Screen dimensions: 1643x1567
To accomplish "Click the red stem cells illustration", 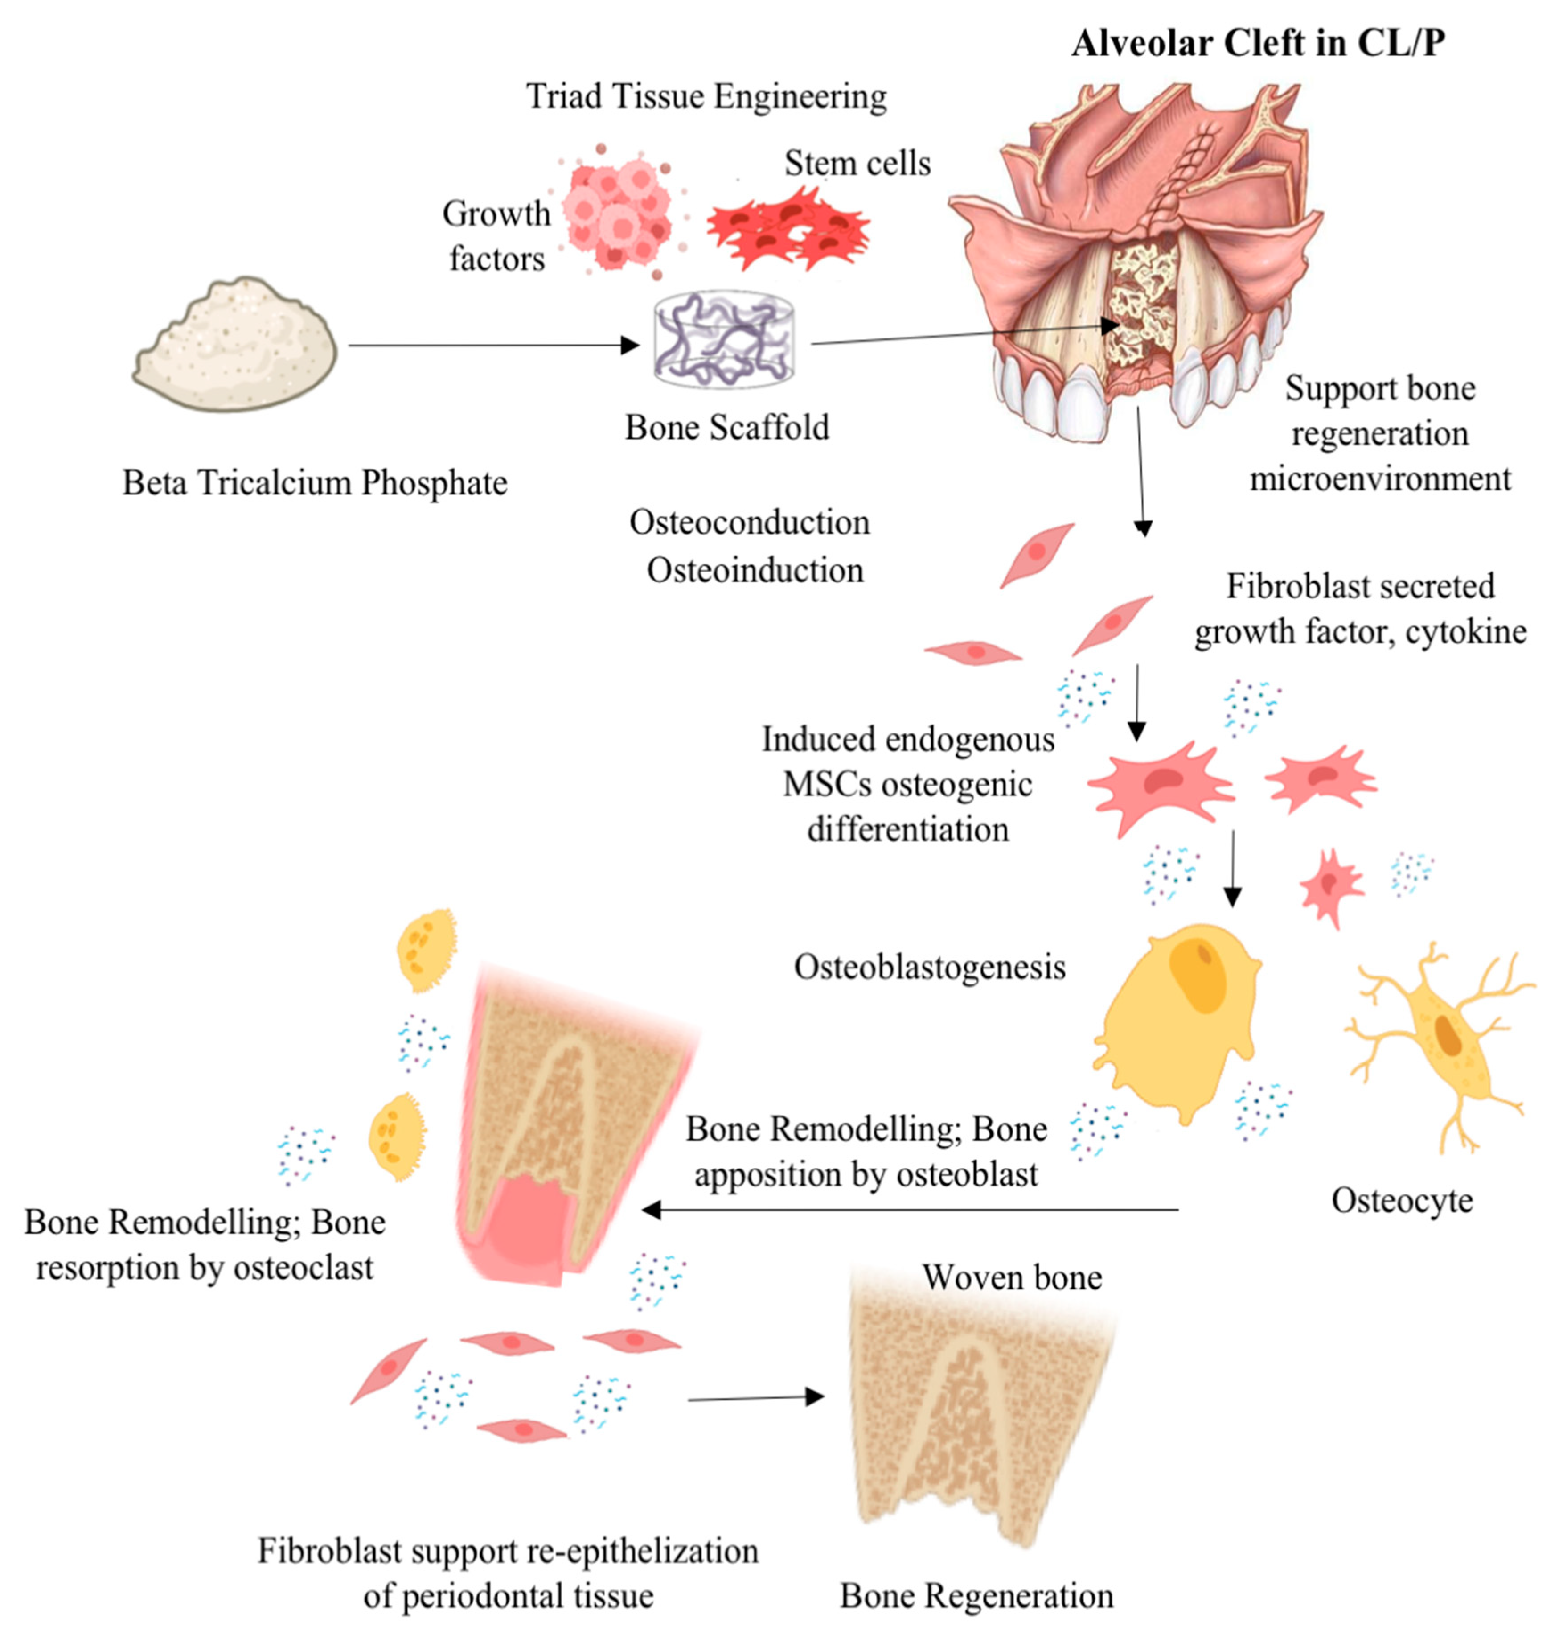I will coord(788,229).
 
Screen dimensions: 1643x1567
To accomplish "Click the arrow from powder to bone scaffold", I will coord(493,345).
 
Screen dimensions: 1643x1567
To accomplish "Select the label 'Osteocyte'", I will coord(1402,1201).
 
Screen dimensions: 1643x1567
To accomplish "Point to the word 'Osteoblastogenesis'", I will coord(930,967).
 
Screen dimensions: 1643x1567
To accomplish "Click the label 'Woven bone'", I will coord(1012,1277).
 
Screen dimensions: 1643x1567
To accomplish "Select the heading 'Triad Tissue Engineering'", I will coord(706,96).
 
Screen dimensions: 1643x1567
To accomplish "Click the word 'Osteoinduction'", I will coord(755,570).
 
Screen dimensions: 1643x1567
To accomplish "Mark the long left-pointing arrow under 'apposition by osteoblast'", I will coord(911,1209).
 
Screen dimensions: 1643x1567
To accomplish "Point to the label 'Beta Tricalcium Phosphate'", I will coord(315,483).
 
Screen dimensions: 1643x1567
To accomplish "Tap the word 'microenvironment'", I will coord(1380,479).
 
